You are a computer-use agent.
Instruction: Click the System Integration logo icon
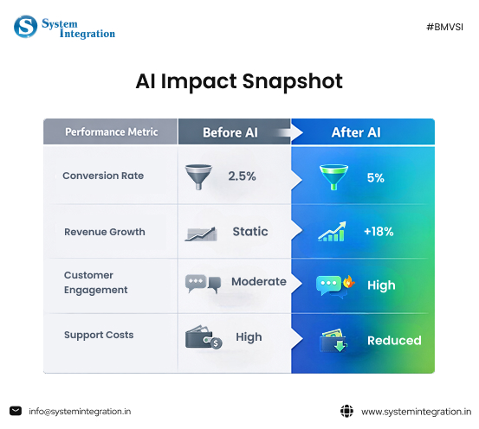[26, 27]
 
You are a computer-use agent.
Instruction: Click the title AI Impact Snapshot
[239, 81]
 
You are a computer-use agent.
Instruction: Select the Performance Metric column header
[111, 132]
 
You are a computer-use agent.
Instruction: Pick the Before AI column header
[230, 132]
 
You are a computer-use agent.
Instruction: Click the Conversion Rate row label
[103, 176]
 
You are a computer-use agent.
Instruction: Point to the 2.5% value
[242, 176]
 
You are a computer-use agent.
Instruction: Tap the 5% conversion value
[375, 177]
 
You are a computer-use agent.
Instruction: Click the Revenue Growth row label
[105, 232]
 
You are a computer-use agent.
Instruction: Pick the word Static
[250, 232]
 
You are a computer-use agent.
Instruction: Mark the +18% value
[379, 232]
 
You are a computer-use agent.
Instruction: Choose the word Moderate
[258, 282]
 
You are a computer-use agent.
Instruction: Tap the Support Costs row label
[99, 335]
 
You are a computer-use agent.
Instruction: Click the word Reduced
[394, 340]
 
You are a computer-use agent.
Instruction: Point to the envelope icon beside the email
[16, 411]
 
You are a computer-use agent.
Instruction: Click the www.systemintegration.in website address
[416, 412]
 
